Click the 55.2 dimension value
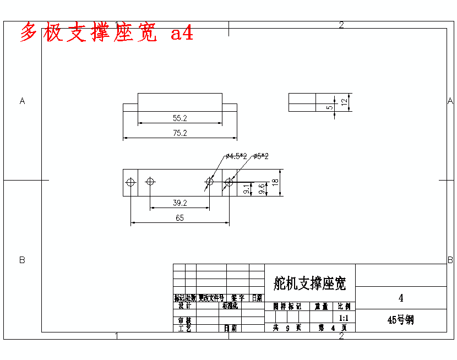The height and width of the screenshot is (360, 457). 180,118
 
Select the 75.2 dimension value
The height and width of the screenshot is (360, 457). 180,133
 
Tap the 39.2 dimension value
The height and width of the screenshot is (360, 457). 180,203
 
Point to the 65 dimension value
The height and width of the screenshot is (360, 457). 180,218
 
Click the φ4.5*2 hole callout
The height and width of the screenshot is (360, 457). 236,157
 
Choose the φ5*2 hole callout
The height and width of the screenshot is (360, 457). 261,157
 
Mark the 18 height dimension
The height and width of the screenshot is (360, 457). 275,183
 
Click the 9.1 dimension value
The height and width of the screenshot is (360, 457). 246,189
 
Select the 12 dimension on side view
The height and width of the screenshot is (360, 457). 344,102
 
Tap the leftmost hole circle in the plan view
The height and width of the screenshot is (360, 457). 130,182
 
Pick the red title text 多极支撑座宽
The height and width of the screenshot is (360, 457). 88,34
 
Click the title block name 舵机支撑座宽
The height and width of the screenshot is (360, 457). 310,284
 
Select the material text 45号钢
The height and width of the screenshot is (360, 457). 401,320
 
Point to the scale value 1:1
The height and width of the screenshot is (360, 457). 344,318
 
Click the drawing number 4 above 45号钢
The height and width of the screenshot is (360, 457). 401,298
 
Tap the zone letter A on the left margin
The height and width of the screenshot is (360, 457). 23,101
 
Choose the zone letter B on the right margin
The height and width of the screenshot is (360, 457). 450,259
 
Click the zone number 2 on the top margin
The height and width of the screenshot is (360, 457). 341,25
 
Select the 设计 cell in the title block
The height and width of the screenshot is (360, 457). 184,306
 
